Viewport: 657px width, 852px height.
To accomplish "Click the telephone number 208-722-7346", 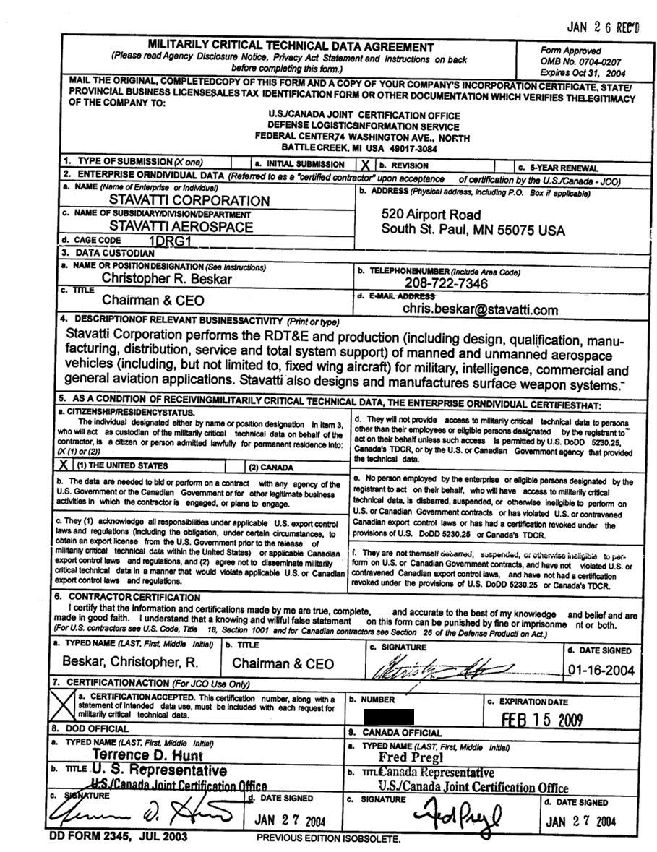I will pyautogui.click(x=446, y=283).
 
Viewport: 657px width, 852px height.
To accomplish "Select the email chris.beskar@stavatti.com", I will pyautogui.click(x=481, y=310).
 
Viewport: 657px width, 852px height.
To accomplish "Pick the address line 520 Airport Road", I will pyautogui.click(x=431, y=215).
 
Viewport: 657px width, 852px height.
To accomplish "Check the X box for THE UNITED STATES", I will pyautogui.click(x=64, y=466).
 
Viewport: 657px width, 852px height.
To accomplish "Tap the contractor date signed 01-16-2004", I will pyautogui.click(x=601, y=670).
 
